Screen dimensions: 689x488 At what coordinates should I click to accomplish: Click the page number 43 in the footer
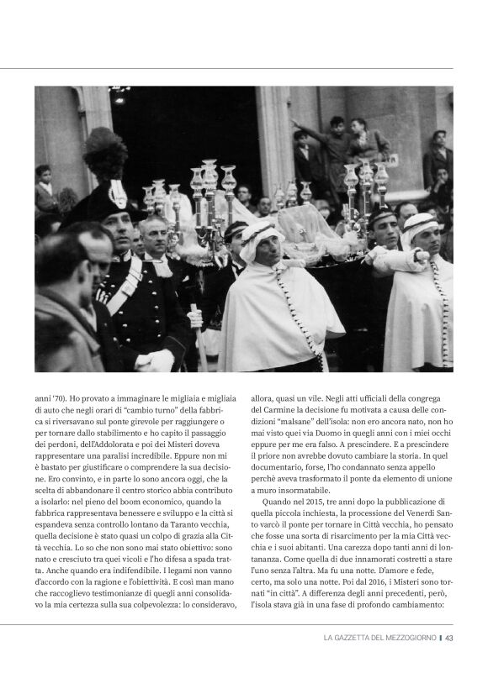coord(448,638)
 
